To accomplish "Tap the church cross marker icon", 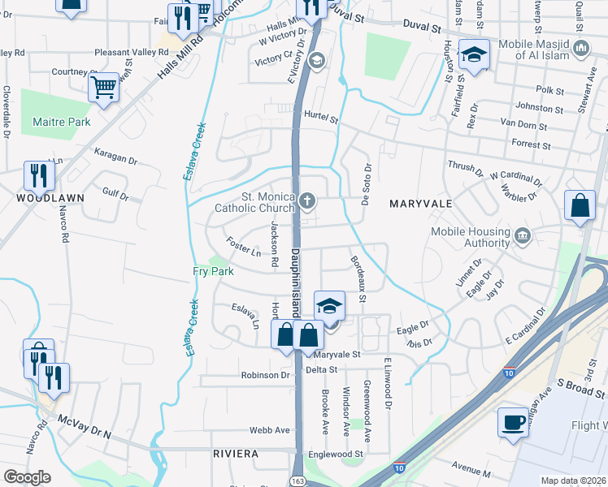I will [307, 200].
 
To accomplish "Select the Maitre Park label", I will [61, 123].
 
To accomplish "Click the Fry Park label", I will [213, 272].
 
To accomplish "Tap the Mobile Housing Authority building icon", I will [522, 236].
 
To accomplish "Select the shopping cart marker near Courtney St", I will [104, 86].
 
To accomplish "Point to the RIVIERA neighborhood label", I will [236, 452].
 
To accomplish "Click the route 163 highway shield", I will [296, 482].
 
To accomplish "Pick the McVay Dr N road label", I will [85, 428].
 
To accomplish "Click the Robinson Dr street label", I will [265, 376].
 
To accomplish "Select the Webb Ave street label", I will [270, 430].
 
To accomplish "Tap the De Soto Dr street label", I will [367, 179].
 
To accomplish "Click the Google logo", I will [27, 477].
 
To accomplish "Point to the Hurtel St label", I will [320, 118].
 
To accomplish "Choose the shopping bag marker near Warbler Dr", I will [580, 206].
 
